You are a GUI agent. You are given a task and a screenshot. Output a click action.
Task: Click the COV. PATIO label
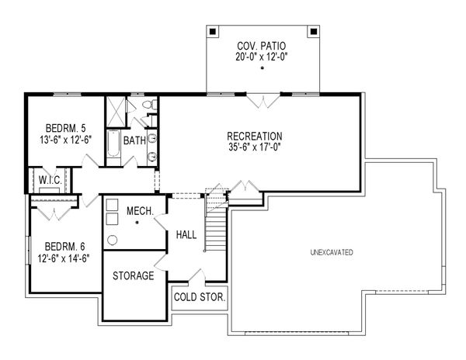pos(263,44)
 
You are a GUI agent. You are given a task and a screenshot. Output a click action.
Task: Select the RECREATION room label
pos(254,136)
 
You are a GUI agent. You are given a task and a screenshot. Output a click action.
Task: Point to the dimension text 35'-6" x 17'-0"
pos(254,147)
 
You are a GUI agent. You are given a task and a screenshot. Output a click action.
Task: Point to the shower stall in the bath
pos(116,109)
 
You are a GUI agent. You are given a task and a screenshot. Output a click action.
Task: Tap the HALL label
pos(186,234)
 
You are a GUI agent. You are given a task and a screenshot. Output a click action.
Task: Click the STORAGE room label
pos(133,276)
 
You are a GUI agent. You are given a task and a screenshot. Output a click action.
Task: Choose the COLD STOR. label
pos(200,297)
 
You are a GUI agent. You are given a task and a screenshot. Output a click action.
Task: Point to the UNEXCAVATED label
pos(332,252)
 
